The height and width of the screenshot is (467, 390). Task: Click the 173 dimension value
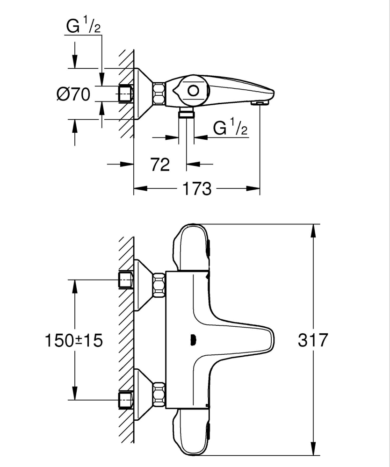click(197, 189)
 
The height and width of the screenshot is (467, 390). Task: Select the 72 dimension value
click(160, 164)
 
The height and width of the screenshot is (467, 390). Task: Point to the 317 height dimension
click(313, 340)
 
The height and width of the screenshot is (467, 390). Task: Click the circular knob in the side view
click(193, 91)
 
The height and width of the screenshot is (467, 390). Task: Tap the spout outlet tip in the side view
click(259, 102)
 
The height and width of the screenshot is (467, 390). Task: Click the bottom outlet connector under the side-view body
click(187, 113)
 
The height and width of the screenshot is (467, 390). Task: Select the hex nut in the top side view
click(159, 93)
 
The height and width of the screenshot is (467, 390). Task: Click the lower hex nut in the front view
click(159, 393)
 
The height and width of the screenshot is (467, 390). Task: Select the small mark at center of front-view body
click(192, 340)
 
